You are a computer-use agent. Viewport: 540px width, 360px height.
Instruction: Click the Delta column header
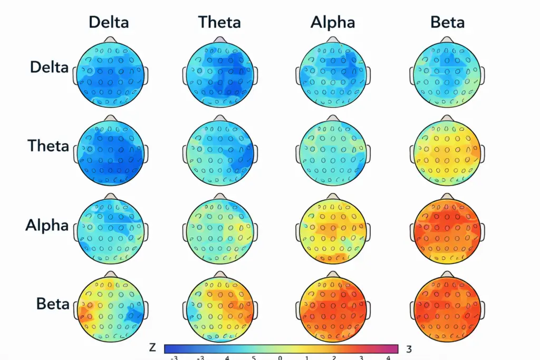pos(109,22)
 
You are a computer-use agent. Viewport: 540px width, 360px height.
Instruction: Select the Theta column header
pos(219,22)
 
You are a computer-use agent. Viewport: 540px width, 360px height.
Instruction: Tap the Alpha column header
pos(333,23)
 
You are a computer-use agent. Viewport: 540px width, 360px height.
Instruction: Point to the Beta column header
pos(447,22)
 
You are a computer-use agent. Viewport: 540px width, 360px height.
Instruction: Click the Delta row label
pos(49,67)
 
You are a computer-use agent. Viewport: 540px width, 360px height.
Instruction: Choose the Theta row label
pos(48,146)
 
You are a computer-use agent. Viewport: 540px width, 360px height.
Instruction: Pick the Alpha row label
pos(47,226)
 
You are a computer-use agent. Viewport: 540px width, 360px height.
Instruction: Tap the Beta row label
pos(53,304)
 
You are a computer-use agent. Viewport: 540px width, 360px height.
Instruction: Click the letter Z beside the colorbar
pos(152,348)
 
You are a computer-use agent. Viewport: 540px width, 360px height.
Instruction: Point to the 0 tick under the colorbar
pos(280,357)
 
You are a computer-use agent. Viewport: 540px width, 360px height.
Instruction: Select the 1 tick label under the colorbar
pos(307,357)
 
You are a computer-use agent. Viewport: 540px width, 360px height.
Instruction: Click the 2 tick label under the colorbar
pos(334,357)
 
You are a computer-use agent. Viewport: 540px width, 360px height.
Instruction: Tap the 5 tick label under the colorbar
pos(254,357)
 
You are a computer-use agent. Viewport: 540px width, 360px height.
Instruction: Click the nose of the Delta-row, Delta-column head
pos(110,40)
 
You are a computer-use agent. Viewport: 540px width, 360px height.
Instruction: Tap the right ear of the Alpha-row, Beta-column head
pos(483,232)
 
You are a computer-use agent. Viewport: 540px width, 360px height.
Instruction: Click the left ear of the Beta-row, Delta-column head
pos(75,310)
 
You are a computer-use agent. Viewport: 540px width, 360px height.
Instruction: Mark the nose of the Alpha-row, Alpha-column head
pos(333,197)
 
